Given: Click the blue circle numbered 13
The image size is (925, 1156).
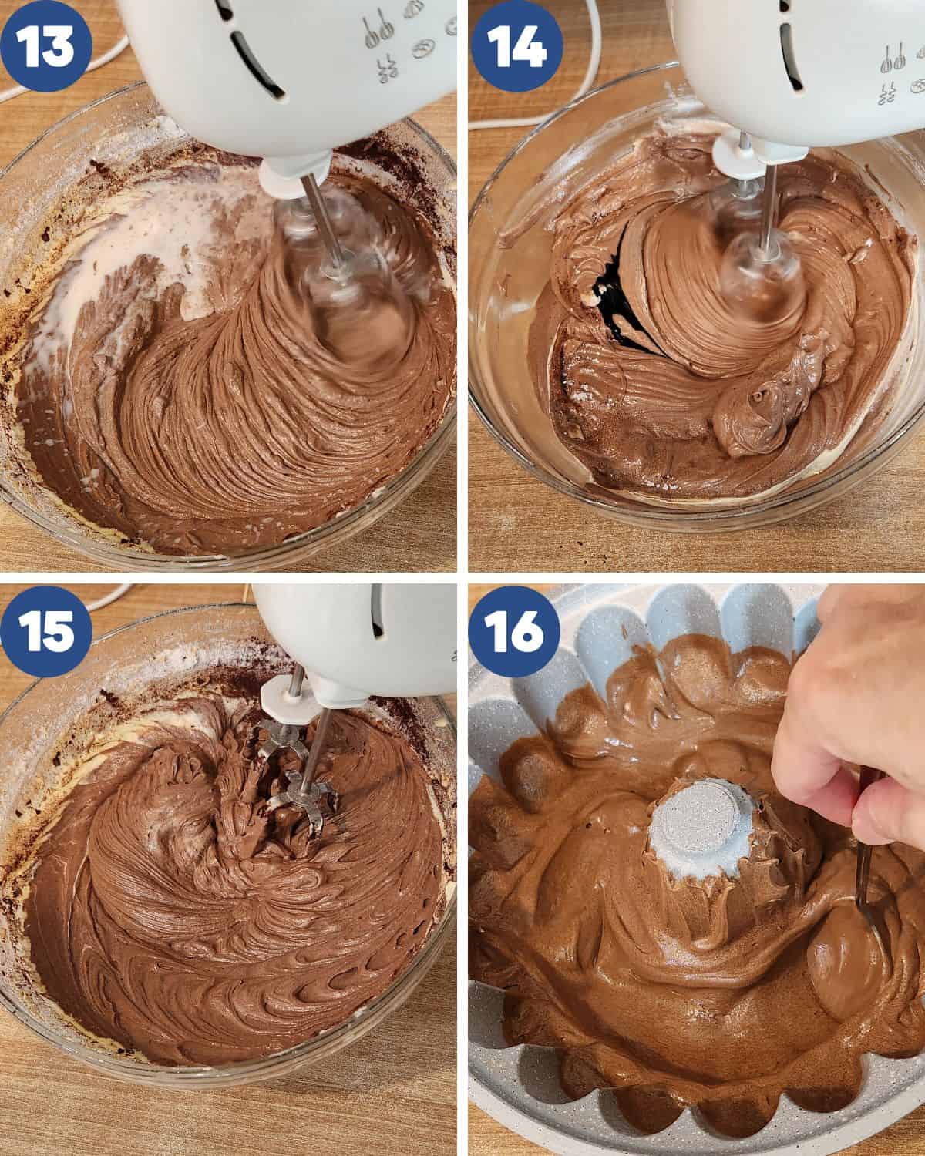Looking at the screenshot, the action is (x=45, y=45).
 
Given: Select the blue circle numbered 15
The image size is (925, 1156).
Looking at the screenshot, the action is (x=45, y=631).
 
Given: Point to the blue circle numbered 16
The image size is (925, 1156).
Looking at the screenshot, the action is (x=515, y=631).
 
